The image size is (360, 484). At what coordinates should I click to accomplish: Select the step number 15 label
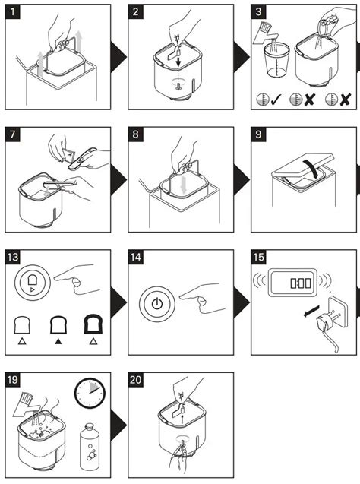261,256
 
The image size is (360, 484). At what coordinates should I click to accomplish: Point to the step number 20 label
137,378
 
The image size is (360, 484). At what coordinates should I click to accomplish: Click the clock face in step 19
90,394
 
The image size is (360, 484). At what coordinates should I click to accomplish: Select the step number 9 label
261,134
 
